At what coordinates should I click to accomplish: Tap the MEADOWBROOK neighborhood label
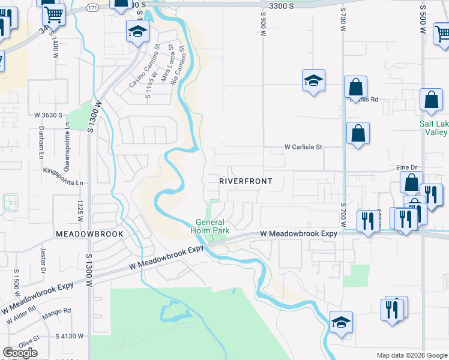pos(89,233)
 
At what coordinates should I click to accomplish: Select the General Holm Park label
pos(210,226)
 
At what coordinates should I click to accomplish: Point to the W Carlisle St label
pos(303,146)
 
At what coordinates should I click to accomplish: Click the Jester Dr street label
pos(43,259)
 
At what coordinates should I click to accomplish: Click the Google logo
pos(20,353)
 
